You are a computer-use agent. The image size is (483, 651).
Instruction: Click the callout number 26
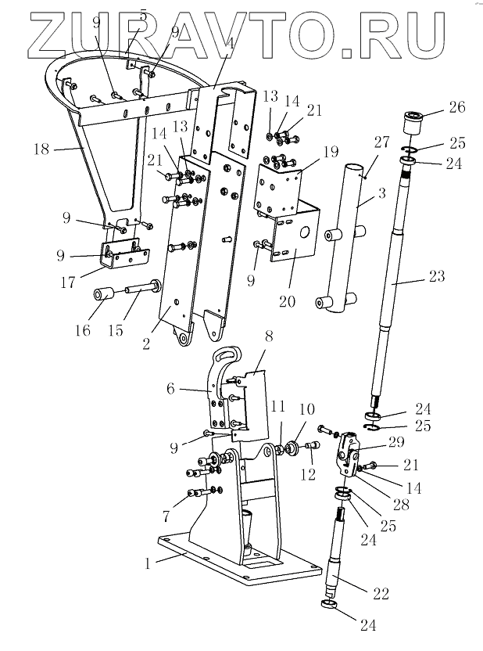(457, 107)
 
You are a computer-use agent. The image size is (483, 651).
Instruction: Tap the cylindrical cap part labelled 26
(413, 121)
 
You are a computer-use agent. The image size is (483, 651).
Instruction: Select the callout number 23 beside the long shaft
(437, 276)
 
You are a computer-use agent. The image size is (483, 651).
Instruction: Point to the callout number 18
(41, 149)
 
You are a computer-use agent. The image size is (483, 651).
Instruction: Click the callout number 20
(287, 300)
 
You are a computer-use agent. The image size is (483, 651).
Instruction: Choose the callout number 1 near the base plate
(147, 564)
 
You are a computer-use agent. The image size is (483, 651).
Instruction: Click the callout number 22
(381, 594)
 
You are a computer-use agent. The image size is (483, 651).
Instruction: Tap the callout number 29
(396, 442)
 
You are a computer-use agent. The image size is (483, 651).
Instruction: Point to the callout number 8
(269, 336)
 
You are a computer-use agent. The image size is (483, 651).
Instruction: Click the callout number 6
(171, 389)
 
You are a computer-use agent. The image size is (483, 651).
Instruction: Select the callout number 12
(308, 473)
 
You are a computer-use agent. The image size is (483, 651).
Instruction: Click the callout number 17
(67, 282)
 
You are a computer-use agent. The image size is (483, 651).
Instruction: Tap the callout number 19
(331, 152)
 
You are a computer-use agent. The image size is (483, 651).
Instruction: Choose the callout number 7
(166, 516)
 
